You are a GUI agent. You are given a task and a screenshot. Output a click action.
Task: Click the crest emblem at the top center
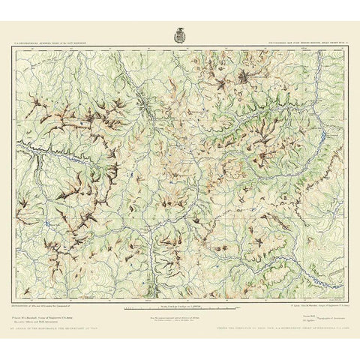181,33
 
